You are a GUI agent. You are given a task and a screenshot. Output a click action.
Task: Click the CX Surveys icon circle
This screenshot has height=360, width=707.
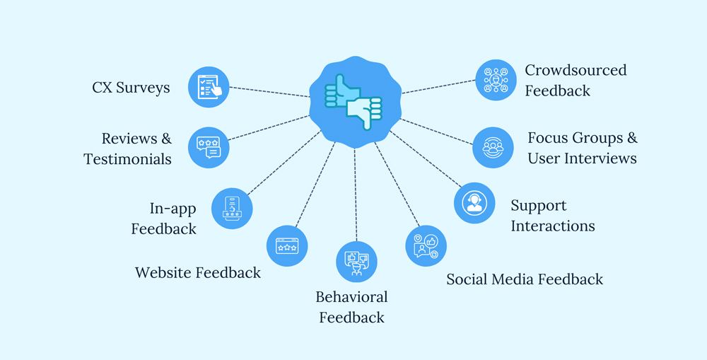tap(209, 87)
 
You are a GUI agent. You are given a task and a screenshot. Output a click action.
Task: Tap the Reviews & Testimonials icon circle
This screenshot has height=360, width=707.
tap(209, 148)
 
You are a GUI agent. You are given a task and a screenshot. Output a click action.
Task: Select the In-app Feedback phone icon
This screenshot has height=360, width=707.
tap(232, 209)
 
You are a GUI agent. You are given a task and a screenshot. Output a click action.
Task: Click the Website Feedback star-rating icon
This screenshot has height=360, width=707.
tap(287, 246)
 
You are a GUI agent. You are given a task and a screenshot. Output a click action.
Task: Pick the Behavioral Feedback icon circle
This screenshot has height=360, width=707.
tap(356, 262)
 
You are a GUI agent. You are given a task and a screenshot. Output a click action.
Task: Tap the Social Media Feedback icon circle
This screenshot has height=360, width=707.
tap(426, 246)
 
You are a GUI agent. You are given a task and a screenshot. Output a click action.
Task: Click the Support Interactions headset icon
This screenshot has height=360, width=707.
tap(474, 203)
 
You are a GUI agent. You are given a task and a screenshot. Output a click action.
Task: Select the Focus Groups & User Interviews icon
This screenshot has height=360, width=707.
tap(493, 148)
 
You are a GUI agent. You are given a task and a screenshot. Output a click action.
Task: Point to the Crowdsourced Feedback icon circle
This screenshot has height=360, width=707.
tap(496, 80)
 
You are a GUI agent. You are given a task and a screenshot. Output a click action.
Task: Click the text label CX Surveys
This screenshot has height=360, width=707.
tap(131, 88)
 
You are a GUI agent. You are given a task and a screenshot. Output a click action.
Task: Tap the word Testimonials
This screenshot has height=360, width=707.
tap(127, 159)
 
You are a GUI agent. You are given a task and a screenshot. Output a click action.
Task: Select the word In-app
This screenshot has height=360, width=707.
tap(173, 209)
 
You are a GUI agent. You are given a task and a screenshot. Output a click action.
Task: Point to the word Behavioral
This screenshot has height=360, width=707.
tap(351, 297)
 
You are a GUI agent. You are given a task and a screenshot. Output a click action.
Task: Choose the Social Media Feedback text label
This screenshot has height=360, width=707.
tap(525, 279)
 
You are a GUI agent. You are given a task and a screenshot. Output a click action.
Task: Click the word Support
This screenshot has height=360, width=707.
tap(539, 206)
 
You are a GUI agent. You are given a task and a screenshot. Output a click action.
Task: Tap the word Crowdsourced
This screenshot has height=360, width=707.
tap(575, 70)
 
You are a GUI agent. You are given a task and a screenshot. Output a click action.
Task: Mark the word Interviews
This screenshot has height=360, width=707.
tap(600, 158)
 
